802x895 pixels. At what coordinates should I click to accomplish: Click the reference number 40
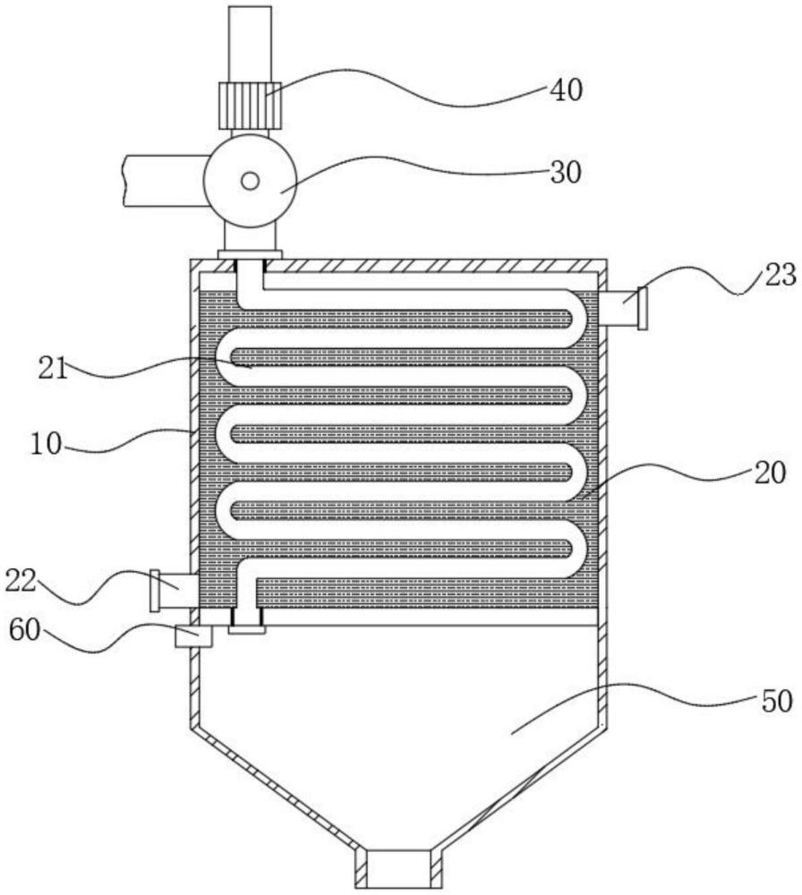point(566,90)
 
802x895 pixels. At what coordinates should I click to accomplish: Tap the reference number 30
point(566,172)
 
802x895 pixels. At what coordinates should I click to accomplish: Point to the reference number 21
point(53,368)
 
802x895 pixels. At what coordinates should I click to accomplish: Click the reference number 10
point(46,444)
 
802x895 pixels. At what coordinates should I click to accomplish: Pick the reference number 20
point(770,473)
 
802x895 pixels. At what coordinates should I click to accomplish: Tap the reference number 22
point(21,582)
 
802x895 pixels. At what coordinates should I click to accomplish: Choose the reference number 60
point(24,631)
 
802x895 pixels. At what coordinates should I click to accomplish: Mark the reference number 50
point(776,701)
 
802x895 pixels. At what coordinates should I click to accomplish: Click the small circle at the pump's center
point(250,182)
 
